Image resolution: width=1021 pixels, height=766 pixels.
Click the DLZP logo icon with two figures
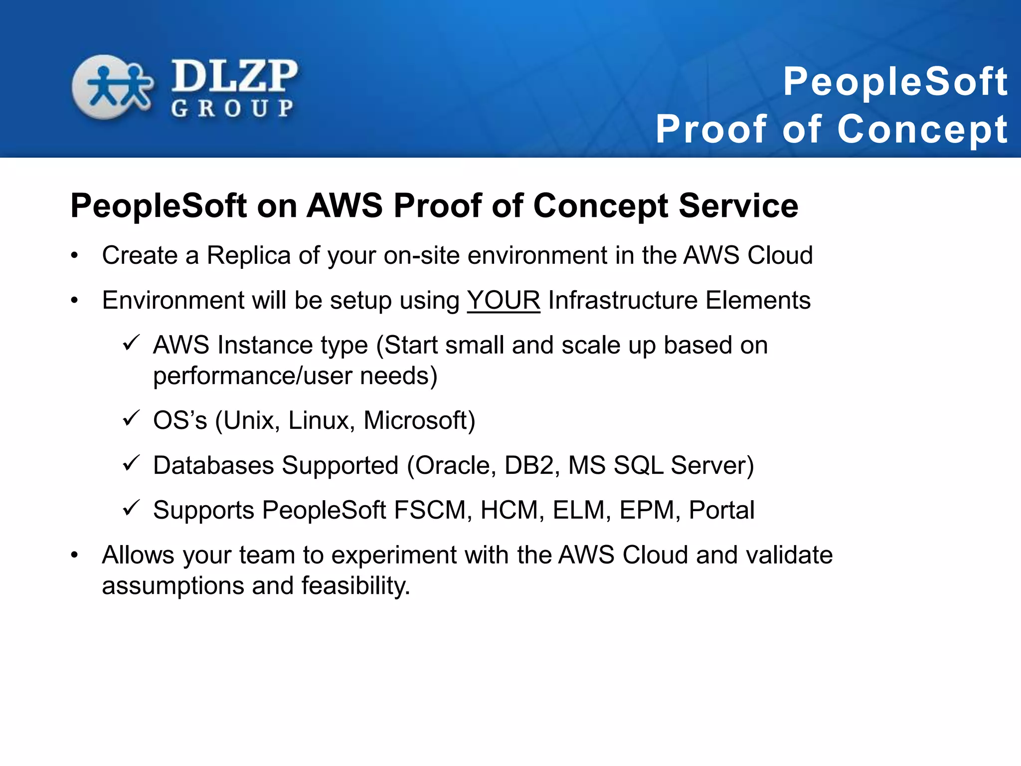(112, 87)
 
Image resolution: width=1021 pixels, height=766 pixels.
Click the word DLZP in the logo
(234, 76)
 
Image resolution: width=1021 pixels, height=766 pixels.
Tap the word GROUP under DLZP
(232, 108)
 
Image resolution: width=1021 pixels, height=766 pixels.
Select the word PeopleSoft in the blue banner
(895, 82)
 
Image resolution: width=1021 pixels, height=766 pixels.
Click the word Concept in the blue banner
(923, 129)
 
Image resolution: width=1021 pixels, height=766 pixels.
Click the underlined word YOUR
(504, 300)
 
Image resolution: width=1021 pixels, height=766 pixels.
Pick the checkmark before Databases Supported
(131, 463)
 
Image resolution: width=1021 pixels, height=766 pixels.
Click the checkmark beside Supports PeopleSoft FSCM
(131, 508)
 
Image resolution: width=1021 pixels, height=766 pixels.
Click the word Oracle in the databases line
(456, 465)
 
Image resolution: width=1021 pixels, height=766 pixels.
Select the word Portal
(721, 510)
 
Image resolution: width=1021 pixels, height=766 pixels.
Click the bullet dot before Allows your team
(75, 555)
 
